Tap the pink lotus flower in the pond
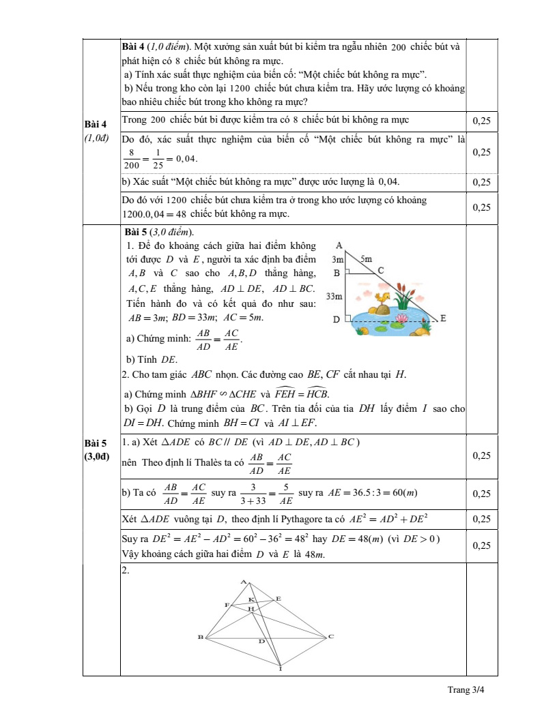click(x=401, y=318)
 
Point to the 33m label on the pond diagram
click(x=334, y=296)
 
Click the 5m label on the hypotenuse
click(x=366, y=259)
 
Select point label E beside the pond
click(x=444, y=318)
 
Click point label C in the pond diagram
click(x=381, y=271)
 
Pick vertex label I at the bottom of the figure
click(x=281, y=670)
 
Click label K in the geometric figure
click(x=251, y=599)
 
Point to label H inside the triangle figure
click(x=251, y=608)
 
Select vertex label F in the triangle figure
click(x=227, y=605)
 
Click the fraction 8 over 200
click(x=132, y=159)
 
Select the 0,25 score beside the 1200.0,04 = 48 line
click(x=481, y=207)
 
